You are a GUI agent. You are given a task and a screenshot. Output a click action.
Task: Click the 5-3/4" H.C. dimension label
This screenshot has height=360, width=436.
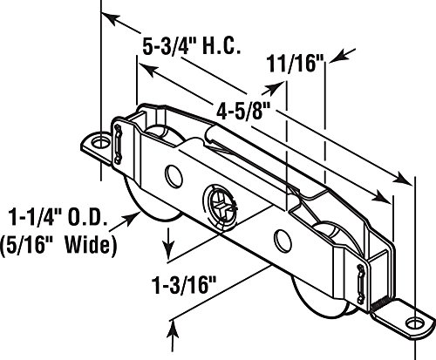192,46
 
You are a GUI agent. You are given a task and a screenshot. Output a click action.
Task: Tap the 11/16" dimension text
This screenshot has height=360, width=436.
296,64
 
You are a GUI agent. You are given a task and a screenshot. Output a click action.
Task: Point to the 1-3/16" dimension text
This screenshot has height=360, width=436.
184,285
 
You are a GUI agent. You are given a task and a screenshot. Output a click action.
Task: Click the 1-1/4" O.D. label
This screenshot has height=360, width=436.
58,217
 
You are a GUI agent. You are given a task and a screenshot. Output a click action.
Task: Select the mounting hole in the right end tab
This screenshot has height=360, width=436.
413,323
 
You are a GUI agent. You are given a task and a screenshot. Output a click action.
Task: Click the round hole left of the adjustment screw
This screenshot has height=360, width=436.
174,176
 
